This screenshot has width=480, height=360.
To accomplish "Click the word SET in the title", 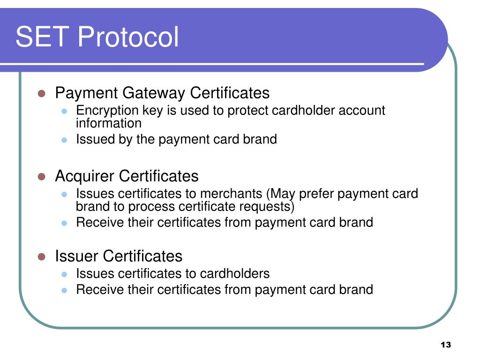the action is pos(42,37).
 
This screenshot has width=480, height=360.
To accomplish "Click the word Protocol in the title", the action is pos(128,37).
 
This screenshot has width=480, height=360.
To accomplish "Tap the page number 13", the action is pos(446,345).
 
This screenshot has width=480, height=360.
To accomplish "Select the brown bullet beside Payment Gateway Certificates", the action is pos(42,93).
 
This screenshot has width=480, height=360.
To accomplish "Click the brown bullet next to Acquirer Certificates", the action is pos(42,177).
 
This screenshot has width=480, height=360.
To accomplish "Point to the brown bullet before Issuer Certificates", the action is pos(42,256).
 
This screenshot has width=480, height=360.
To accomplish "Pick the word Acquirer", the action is pos(85,177).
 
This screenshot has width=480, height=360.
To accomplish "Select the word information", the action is pos(109,123).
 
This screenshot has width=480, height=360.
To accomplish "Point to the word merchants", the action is pos(231,194).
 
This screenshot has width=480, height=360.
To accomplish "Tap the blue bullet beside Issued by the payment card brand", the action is pos(64,140).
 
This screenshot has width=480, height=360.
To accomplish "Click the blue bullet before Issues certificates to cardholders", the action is pos(64,274).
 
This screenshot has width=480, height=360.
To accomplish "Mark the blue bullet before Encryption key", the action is pos(64,111).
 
